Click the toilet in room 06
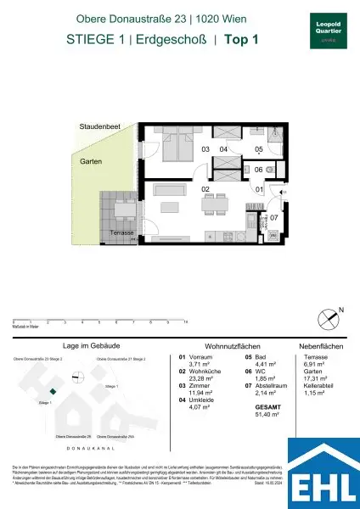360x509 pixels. point(268,170)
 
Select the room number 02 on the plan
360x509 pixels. point(205,190)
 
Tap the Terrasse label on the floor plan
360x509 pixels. point(123,232)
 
